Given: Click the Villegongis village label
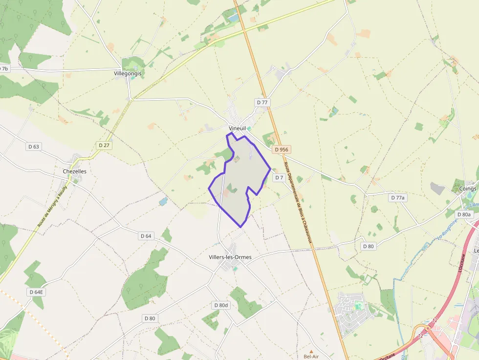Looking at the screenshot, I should (127, 73).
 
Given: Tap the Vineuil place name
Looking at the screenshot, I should (237, 128).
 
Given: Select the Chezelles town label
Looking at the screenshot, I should (75, 171).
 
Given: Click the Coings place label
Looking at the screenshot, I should (468, 189).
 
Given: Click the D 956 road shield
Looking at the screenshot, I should (282, 149).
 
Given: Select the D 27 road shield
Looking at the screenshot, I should (104, 145).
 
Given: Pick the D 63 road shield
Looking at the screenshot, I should (33, 146).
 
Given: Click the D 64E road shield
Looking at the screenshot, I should (36, 292).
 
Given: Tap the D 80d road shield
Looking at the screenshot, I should (221, 305).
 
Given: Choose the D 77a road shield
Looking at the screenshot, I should (398, 198).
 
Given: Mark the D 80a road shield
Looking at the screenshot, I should (464, 214).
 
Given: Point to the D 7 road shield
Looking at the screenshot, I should (279, 178).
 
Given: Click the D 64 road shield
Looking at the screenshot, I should (146, 236).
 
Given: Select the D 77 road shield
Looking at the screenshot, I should (262, 102).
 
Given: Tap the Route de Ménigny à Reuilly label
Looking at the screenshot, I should (51, 207).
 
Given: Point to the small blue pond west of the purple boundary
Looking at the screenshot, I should (163, 201).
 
